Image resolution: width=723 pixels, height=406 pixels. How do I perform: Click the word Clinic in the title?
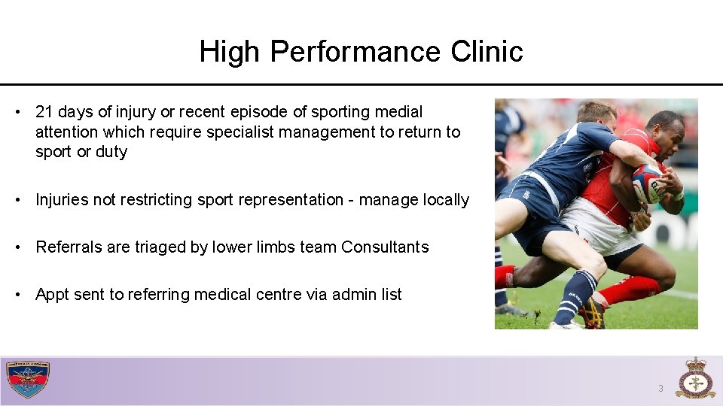487,52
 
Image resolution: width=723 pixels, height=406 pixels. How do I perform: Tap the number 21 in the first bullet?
44,112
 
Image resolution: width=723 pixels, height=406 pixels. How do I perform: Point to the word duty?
111,152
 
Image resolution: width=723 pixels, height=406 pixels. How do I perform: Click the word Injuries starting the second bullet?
63,200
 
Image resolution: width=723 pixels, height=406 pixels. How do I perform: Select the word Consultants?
385,247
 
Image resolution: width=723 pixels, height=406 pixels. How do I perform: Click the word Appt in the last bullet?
52,295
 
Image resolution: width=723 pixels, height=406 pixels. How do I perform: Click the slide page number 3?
660,389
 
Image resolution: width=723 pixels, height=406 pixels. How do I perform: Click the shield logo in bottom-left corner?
28,380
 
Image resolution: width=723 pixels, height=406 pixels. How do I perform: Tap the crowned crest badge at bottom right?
694,378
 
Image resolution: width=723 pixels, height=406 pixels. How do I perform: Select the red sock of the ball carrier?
633,289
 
